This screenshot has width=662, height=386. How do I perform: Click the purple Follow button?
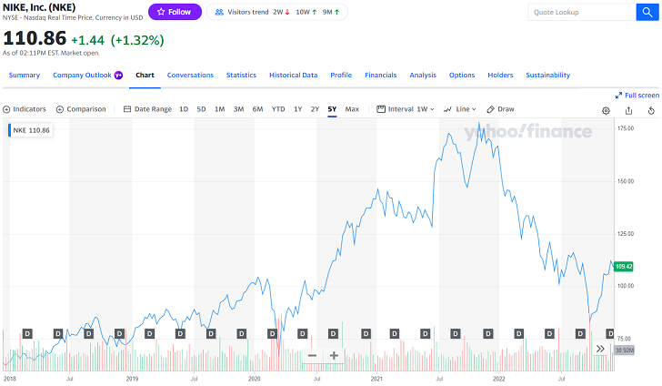pos(174,12)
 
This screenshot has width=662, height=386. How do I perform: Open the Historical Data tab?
pos(293,75)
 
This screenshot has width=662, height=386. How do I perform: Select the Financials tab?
pos(380,75)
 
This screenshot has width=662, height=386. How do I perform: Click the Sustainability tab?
pos(547,75)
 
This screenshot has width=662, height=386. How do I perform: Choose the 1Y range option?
pos(297,109)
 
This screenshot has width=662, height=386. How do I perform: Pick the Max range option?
pos(352,109)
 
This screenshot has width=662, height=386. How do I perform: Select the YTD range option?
pos(278,109)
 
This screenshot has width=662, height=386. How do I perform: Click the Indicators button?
pos(25,109)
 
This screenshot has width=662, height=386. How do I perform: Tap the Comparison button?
pos(81,109)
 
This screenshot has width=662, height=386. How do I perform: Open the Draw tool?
pos(501,109)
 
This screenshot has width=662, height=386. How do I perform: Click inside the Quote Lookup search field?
pos(580,13)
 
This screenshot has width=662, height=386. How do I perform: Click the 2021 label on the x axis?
pos(376,377)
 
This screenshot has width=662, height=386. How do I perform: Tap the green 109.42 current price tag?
pos(624,267)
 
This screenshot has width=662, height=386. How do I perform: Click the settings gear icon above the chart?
pos(607,110)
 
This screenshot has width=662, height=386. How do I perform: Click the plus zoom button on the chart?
pos(334,355)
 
